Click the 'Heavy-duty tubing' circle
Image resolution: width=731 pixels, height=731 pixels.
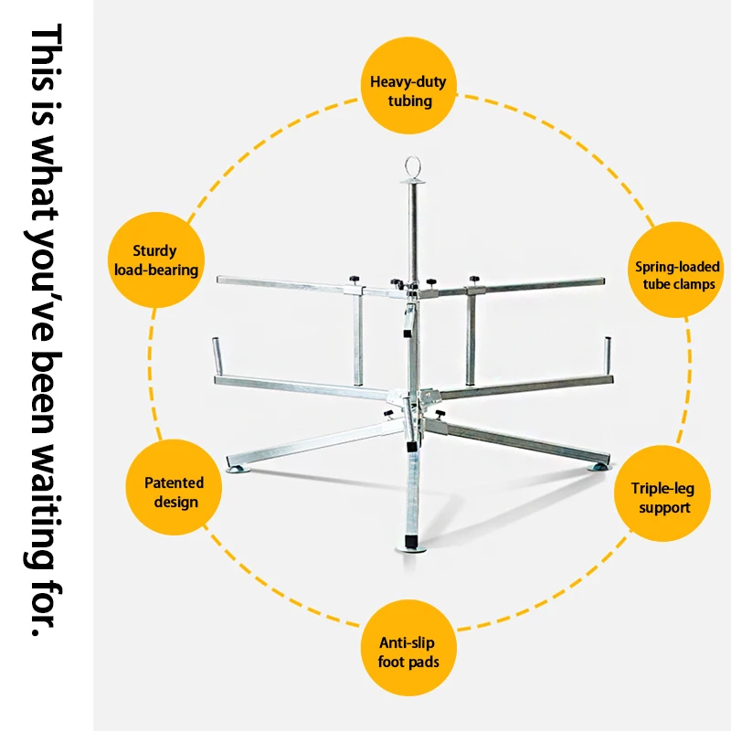(408, 91)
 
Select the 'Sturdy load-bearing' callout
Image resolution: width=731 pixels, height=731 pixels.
(154, 260)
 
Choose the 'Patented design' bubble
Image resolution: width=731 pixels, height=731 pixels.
(174, 492)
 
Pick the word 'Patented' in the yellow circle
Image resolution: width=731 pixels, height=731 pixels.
(174, 482)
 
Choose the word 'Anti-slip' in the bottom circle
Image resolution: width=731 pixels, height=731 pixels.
(409, 641)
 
